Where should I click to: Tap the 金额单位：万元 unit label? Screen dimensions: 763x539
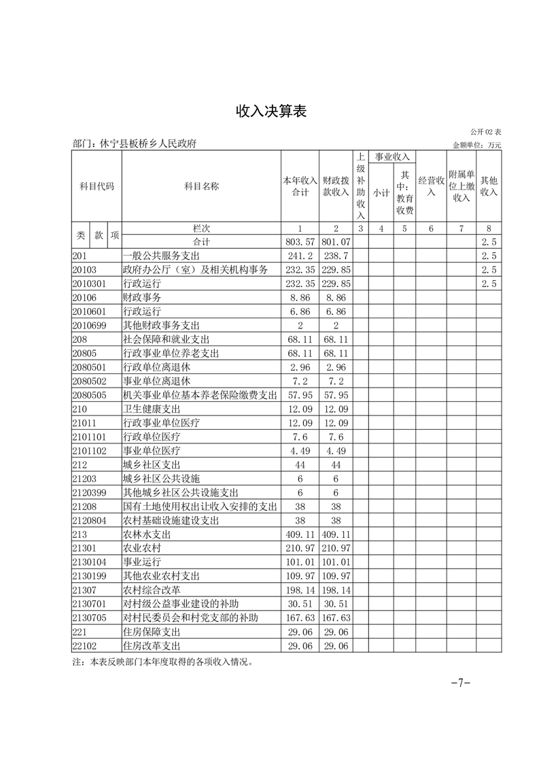coord(476,145)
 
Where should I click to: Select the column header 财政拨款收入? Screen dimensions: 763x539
coord(336,186)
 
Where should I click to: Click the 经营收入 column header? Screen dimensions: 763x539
coord(431,186)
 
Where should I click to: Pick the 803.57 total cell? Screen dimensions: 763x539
coord(300,242)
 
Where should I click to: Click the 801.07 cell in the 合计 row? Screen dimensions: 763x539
coord(336,242)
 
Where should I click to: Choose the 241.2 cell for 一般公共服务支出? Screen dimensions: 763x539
coord(300,256)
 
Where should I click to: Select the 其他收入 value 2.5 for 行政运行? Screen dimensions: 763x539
coord(489,284)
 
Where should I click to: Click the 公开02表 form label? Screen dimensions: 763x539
coord(485,131)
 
